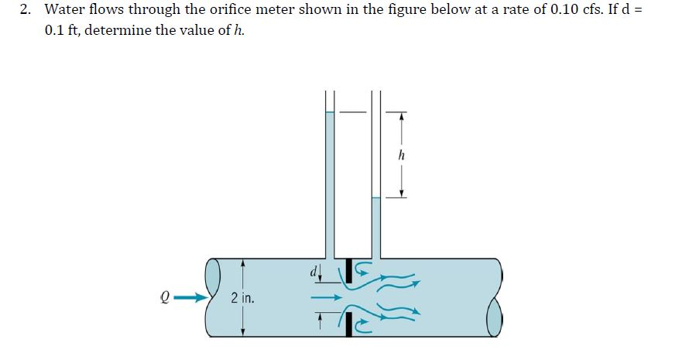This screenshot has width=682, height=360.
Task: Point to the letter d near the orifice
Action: coord(314,271)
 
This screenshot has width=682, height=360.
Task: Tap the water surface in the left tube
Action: coord(329,112)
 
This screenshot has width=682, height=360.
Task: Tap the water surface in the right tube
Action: coord(376,198)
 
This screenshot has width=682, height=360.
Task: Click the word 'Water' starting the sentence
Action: coord(62,10)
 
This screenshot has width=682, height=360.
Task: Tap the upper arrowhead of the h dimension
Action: coord(400,117)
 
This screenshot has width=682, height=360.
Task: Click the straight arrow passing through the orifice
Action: coord(326,296)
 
